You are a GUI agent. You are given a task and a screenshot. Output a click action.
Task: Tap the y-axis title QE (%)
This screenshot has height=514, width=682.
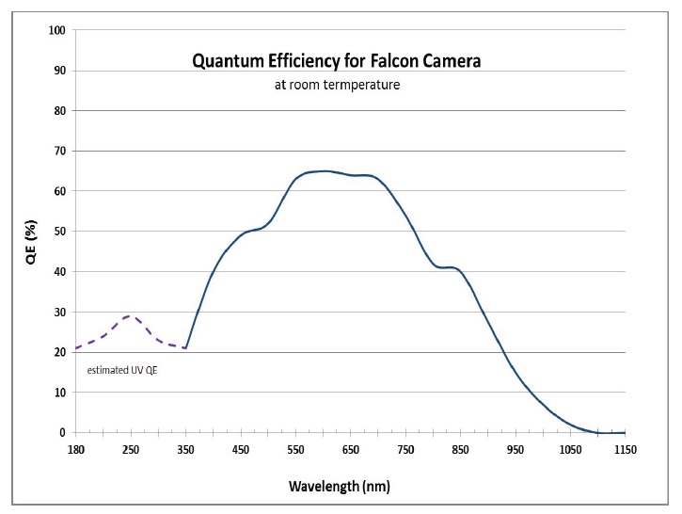31,232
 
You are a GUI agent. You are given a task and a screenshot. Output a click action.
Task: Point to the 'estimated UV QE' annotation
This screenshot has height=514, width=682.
122,370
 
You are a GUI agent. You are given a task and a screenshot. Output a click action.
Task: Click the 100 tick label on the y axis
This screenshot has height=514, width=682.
57,30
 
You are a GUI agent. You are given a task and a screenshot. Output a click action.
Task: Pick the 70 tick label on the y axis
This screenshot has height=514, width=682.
59,151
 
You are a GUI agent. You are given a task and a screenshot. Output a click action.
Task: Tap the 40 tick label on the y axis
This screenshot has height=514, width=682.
59,272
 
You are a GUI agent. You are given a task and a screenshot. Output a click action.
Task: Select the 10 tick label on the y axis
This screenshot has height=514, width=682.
59,393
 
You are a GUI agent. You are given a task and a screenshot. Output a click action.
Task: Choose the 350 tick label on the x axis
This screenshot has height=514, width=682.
185,450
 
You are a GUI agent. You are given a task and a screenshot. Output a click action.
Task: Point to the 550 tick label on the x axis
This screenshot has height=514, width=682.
295,450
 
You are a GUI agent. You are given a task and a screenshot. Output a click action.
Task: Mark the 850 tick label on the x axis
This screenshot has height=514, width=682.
460,450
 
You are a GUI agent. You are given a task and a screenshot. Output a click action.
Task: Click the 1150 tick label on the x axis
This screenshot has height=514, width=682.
625,450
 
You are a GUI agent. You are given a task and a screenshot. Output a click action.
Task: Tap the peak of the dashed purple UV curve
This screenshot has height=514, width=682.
132,316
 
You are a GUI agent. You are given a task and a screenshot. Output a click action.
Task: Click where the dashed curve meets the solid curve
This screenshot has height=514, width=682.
185,348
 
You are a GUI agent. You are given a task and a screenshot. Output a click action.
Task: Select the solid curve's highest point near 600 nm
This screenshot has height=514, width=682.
325,170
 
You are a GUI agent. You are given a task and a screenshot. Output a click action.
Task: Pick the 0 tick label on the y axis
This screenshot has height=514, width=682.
62,433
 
